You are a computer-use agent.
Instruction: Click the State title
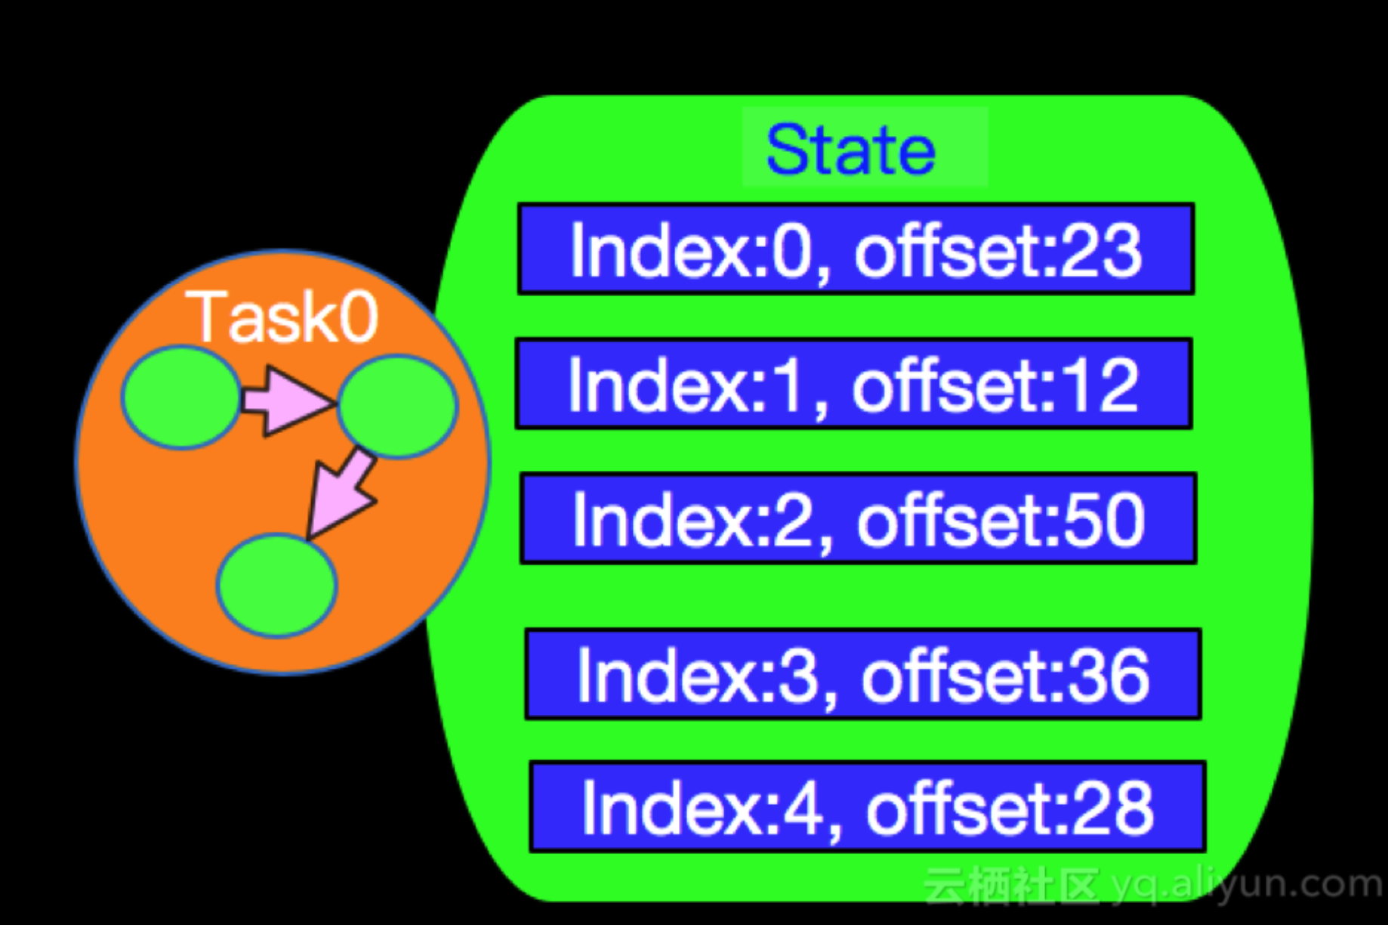(851, 150)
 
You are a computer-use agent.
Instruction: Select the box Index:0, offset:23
(856, 249)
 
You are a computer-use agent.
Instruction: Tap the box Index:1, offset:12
(853, 384)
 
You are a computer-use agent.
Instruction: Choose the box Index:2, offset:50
(858, 518)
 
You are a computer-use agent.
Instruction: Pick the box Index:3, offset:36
(862, 674)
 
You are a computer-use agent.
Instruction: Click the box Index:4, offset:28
(867, 807)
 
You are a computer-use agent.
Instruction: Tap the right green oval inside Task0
(397, 406)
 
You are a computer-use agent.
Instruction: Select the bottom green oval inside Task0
(276, 584)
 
